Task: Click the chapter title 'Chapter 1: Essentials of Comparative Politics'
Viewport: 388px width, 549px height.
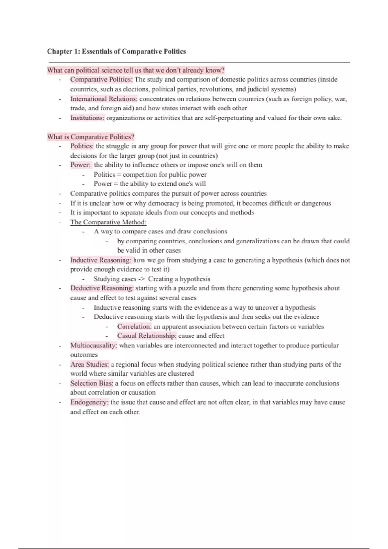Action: click(x=116, y=51)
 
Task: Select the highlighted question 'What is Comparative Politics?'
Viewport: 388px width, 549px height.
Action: click(x=91, y=137)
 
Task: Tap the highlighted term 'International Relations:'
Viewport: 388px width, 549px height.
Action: click(x=104, y=99)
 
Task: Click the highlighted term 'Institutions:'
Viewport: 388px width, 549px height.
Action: click(x=87, y=118)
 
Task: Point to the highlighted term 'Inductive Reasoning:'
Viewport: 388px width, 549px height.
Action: click(x=101, y=260)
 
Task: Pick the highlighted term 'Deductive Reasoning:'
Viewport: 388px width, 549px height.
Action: click(x=102, y=288)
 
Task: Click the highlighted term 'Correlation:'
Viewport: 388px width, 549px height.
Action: click(x=134, y=326)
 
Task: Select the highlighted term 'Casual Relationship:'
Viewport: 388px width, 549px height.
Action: click(x=147, y=336)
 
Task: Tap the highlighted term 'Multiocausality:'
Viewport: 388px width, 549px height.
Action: click(x=94, y=346)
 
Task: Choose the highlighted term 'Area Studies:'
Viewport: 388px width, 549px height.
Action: click(x=90, y=364)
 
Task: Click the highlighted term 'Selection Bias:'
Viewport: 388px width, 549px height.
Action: click(x=92, y=383)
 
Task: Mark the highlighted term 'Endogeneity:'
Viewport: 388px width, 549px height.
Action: click(x=89, y=402)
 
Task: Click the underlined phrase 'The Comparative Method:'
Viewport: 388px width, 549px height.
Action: click(x=108, y=222)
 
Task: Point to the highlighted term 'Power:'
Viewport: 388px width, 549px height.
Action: click(x=81, y=165)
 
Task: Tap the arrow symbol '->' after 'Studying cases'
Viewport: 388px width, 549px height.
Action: click(x=142, y=279)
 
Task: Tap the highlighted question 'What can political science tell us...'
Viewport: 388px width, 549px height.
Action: click(x=136, y=70)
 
